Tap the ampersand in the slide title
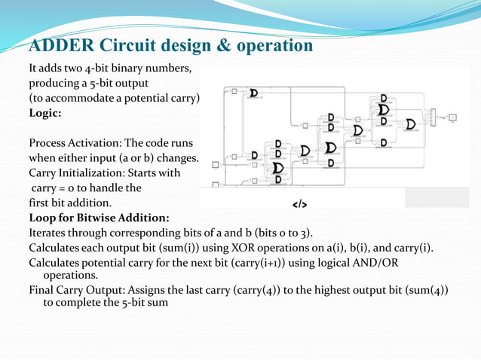[225, 45]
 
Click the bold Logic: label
[45, 113]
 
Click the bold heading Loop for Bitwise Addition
[99, 218]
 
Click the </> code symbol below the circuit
[299, 204]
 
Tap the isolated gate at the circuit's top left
[254, 93]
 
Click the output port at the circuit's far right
[452, 117]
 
